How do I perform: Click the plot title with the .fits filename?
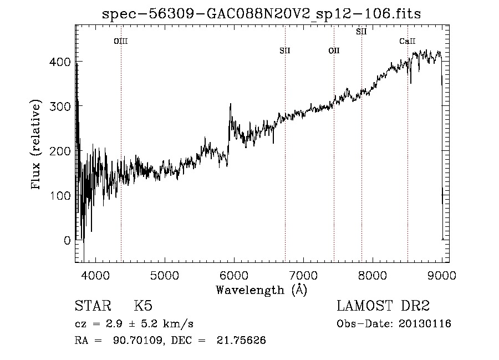(262, 14)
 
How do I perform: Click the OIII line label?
(121, 41)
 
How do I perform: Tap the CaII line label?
(408, 41)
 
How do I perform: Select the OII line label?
(334, 51)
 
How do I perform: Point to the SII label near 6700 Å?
(285, 51)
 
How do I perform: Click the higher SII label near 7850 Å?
(361, 32)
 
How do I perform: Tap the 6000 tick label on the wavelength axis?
(233, 275)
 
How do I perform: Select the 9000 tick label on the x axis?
(442, 275)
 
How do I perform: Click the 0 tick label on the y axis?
(67, 241)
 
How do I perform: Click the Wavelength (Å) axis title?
(262, 290)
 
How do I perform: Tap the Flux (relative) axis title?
(37, 145)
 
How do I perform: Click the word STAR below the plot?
(92, 306)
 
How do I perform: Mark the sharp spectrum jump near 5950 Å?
(230, 119)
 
